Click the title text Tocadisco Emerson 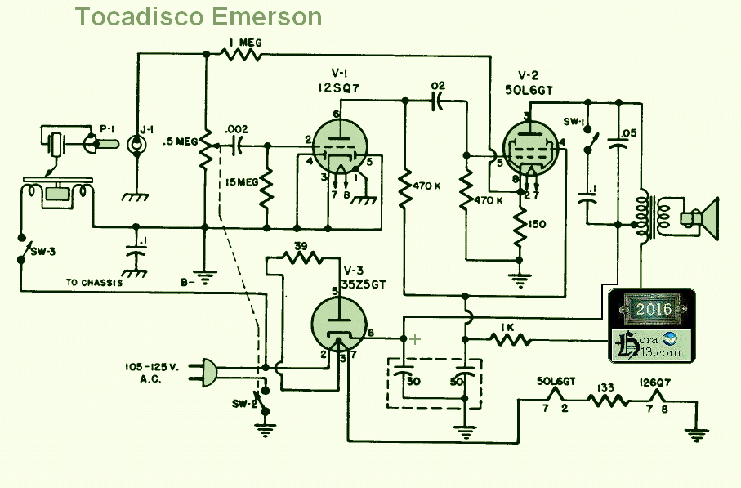click(x=199, y=16)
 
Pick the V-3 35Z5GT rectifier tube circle click(x=340, y=325)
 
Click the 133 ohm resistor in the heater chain click(x=607, y=401)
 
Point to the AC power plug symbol click(x=208, y=374)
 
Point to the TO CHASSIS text click(x=94, y=282)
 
